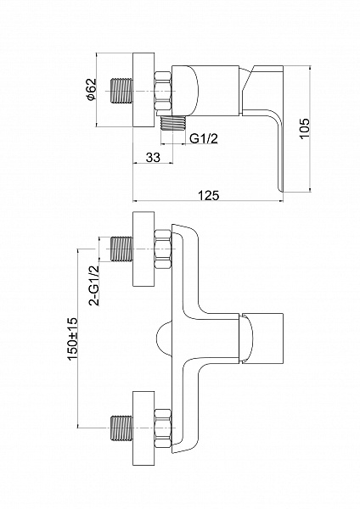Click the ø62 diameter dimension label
[x=92, y=89]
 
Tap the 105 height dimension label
[x=305, y=129]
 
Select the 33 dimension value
[x=153, y=158]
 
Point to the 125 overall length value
[x=209, y=195]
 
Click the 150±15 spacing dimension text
[x=72, y=338]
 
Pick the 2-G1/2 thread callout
[x=94, y=286]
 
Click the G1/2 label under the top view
[x=204, y=138]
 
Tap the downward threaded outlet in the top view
[x=174, y=123]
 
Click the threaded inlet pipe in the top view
[x=122, y=91]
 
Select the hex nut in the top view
[x=163, y=91]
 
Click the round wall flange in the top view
[x=143, y=90]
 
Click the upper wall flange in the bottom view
[x=143, y=249]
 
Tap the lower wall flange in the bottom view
[x=143, y=428]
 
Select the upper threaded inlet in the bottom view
[x=122, y=249]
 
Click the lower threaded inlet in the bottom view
[x=122, y=428]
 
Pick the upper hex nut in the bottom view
[x=163, y=249]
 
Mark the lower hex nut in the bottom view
[x=163, y=428]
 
